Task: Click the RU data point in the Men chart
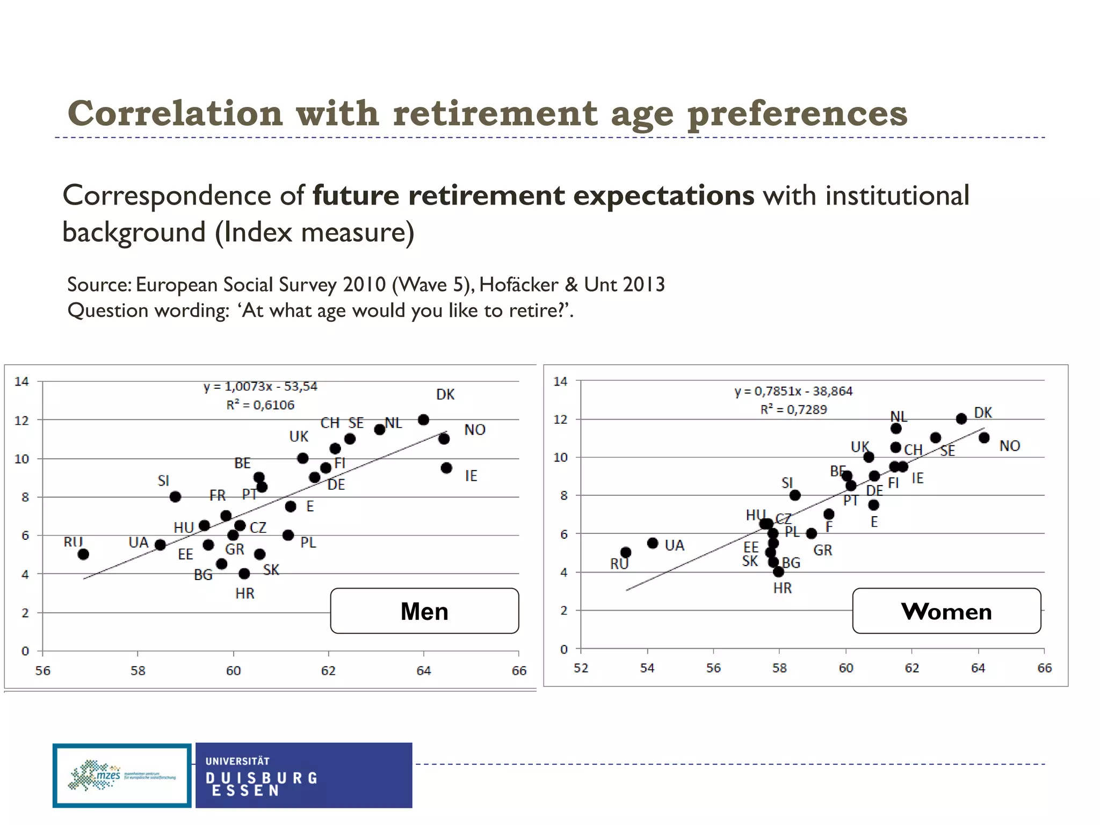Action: [83, 554]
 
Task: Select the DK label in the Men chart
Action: [445, 395]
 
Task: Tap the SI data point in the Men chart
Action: [175, 497]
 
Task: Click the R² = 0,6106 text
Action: [260, 405]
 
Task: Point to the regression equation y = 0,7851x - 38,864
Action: [793, 391]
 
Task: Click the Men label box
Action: [424, 611]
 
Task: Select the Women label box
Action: [946, 611]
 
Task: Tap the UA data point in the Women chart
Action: [653, 543]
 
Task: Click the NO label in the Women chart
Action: [1010, 446]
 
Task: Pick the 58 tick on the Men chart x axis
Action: [138, 671]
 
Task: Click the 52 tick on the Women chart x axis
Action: [581, 668]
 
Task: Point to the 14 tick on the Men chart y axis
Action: [21, 382]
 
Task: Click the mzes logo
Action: [122, 776]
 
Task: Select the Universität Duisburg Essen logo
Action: [303, 776]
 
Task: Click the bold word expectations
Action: [664, 195]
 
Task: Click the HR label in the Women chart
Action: [783, 588]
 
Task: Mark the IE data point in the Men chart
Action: [446, 468]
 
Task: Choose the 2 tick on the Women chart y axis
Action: [563, 611]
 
